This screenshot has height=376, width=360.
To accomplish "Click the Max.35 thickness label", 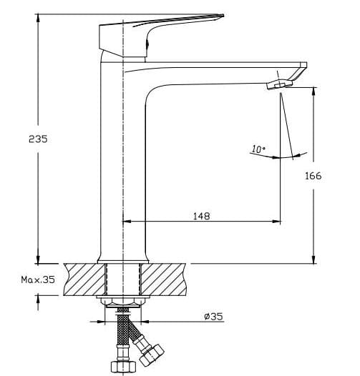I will tap(37, 280).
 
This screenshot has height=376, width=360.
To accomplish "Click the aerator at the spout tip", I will tap(280, 84).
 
